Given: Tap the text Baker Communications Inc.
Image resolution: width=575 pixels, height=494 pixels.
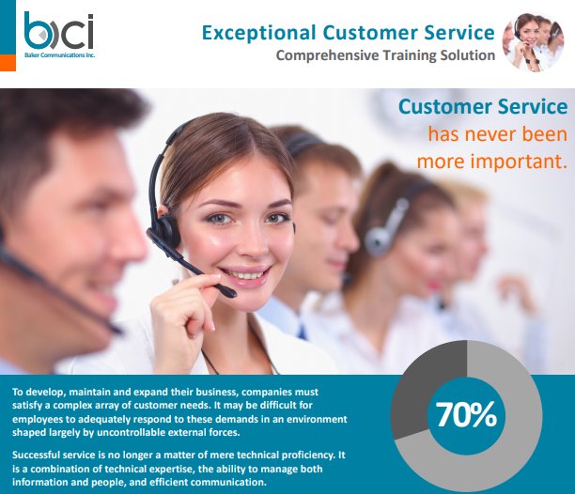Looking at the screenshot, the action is [59, 55].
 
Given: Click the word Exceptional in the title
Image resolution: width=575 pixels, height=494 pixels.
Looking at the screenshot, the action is [259, 33].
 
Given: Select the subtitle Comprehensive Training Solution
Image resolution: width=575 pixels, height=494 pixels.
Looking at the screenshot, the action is [385, 55].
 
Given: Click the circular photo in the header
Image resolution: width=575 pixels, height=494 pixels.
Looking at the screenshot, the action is [534, 41].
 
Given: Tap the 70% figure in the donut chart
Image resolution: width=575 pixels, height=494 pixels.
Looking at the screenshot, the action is [466, 414].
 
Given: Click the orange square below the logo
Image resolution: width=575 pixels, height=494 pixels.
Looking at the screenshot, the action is [8, 63].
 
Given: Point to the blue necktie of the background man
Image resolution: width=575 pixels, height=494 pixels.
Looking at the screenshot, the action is [302, 332].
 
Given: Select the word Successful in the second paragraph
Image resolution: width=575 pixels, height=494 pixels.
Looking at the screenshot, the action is [37, 455].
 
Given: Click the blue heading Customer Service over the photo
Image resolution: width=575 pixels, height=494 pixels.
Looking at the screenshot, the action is [483, 107].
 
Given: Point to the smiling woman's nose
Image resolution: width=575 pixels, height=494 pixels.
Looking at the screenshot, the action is [253, 243].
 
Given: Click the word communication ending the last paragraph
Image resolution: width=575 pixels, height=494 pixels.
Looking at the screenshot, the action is [227, 482].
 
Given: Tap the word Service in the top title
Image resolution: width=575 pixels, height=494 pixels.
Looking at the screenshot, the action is [459, 33].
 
